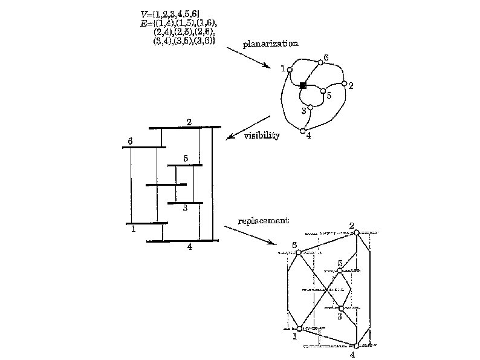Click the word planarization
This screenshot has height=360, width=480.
click(x=270, y=44)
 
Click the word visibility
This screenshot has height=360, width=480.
click(x=262, y=136)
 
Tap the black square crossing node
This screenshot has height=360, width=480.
click(x=303, y=86)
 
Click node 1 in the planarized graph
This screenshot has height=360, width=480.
click(x=290, y=70)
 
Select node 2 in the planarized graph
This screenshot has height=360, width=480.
click(x=344, y=83)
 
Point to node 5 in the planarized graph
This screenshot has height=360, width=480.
click(x=323, y=91)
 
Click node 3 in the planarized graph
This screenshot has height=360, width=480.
click(x=310, y=108)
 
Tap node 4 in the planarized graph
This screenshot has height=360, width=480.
click(x=303, y=131)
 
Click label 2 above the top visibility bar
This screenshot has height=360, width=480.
click(x=189, y=122)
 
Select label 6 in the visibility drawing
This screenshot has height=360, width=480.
click(x=130, y=141)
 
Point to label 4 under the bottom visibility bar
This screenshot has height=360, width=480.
click(x=189, y=247)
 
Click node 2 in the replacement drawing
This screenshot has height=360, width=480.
click(x=357, y=232)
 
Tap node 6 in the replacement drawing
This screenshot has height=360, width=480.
click(x=298, y=252)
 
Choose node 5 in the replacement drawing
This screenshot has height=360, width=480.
click(x=340, y=270)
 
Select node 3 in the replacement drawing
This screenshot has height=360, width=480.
click(x=341, y=308)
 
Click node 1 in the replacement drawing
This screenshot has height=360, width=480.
click(x=299, y=329)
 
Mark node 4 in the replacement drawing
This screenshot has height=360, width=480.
click(x=357, y=345)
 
